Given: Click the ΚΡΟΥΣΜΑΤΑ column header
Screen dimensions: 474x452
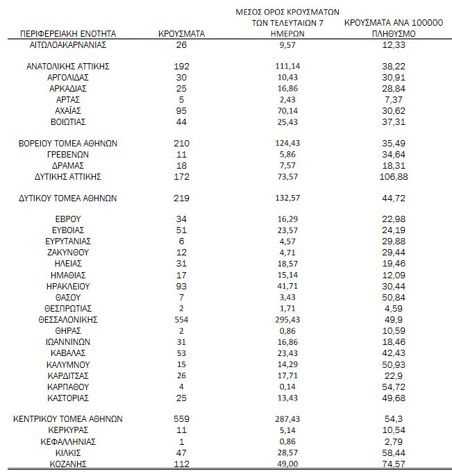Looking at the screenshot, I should (x=181, y=33).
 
